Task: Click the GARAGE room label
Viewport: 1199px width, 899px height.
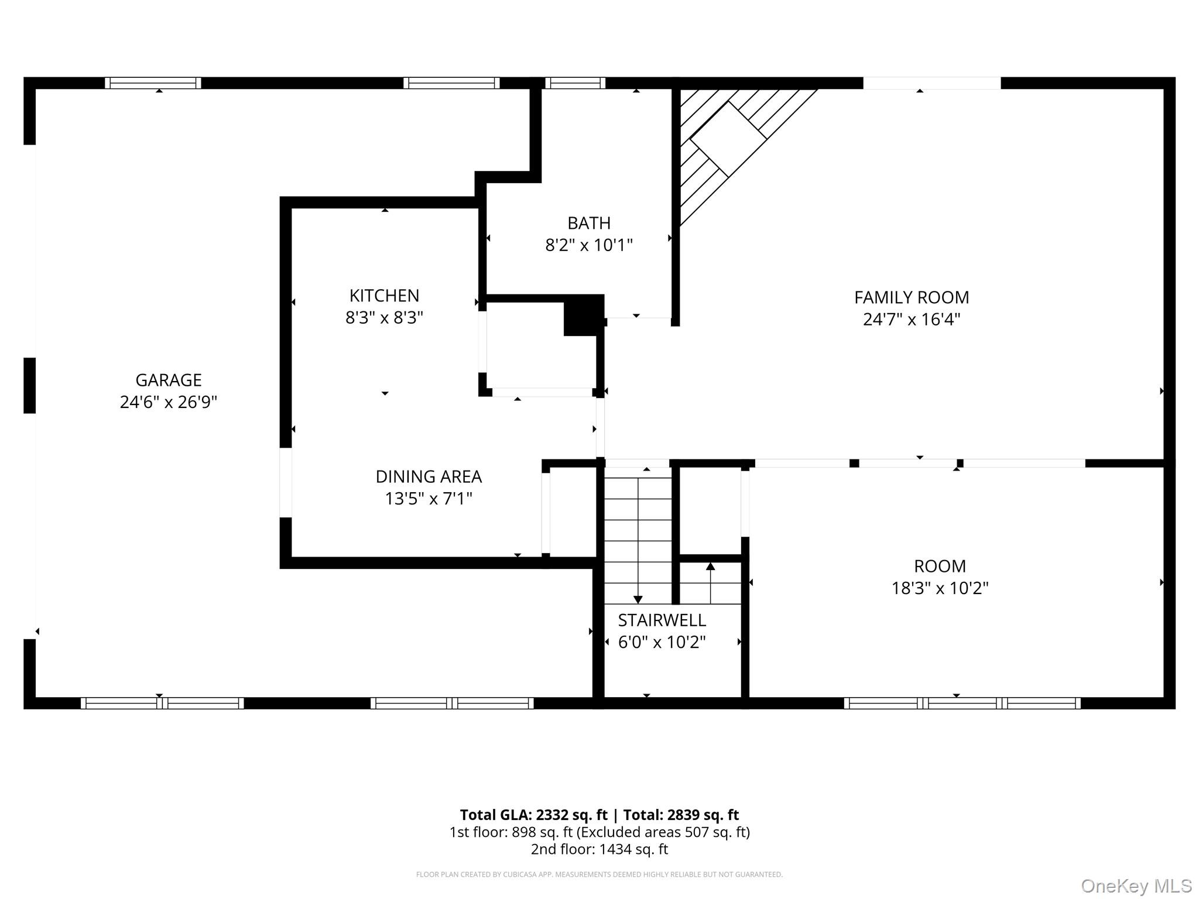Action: click(x=169, y=380)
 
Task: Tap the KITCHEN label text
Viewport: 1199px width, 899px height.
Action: click(x=384, y=296)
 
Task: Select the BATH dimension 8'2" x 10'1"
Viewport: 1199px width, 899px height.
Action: click(x=589, y=245)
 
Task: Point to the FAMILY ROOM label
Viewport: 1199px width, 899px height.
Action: click(x=912, y=297)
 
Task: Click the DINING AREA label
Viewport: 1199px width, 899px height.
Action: click(x=429, y=476)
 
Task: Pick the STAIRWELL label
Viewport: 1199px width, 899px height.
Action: click(x=662, y=620)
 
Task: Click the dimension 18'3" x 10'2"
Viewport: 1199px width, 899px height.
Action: click(x=940, y=588)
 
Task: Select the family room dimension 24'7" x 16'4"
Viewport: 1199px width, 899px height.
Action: click(x=912, y=320)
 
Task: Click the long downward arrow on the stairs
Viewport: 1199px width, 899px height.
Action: click(x=638, y=541)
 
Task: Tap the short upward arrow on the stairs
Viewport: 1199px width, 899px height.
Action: click(x=711, y=583)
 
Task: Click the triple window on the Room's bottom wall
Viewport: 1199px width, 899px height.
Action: click(x=962, y=703)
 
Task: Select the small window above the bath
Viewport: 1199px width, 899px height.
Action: click(x=575, y=83)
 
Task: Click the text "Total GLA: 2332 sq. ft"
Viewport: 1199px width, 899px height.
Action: click(x=533, y=815)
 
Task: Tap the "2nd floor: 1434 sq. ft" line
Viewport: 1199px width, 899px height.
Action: click(x=599, y=849)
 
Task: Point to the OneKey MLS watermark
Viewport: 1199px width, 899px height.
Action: click(x=1136, y=887)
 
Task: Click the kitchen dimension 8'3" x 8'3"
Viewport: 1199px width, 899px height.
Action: click(x=384, y=318)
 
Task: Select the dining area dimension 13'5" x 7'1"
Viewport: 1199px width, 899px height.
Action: click(x=429, y=499)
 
